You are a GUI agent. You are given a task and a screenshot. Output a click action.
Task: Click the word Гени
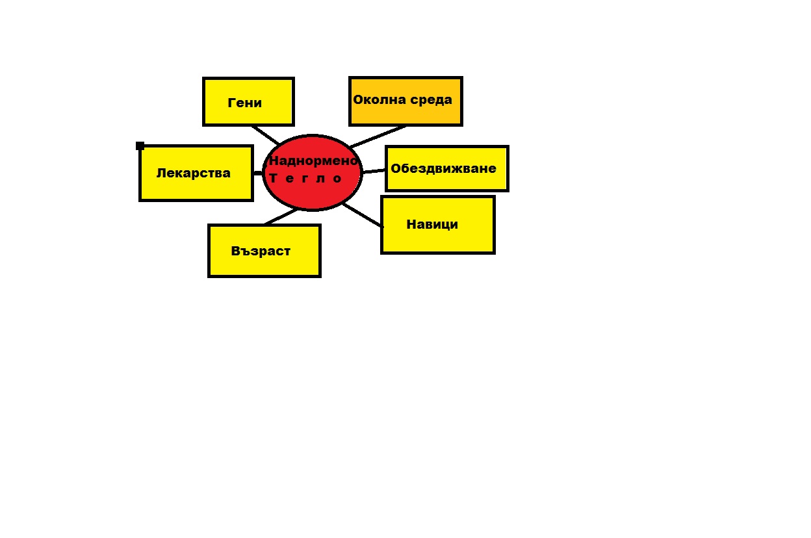coord(245,103)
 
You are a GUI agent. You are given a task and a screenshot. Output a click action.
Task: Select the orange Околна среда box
coord(405,101)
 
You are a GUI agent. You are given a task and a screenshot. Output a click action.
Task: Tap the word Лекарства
coord(194,173)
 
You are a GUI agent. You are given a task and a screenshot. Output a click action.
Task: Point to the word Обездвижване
coord(443,168)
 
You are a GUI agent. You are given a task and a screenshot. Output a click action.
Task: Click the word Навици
coord(432,224)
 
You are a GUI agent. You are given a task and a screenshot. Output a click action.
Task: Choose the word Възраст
coord(261,251)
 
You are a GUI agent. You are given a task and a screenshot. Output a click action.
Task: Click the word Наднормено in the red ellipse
coord(313,160)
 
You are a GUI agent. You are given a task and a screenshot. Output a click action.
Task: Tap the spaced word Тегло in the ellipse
coord(305,178)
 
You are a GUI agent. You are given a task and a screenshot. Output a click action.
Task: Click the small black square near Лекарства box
coord(140,146)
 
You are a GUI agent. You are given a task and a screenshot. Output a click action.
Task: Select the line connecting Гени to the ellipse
coord(265,135)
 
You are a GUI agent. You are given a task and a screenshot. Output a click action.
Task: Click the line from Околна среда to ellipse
coord(378,136)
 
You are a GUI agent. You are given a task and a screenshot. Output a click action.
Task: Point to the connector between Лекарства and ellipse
coord(258,173)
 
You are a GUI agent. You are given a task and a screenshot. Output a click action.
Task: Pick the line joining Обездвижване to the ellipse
coord(374,171)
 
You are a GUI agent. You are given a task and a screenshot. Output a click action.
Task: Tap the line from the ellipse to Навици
coord(362,215)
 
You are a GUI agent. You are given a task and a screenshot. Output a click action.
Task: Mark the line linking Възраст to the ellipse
coord(281,217)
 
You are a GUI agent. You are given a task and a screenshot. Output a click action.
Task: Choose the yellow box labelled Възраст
coord(264,251)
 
